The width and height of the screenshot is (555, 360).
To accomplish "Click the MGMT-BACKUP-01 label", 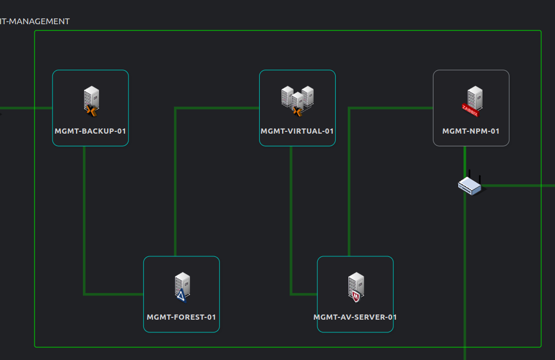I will (90, 131).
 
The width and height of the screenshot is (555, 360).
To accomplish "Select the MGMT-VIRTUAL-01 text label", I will (297, 131).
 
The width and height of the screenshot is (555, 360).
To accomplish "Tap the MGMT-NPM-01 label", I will (471, 131).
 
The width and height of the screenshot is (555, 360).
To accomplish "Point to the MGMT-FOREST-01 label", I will (181, 317).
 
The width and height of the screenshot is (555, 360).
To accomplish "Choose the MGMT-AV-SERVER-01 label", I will (355, 317).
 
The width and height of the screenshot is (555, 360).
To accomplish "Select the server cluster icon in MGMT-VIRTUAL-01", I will (297, 98).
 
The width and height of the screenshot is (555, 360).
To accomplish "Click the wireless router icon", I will (470, 184).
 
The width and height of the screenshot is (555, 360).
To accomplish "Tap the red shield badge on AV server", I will (356, 297).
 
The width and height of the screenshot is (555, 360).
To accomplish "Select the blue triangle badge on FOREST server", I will (181, 297).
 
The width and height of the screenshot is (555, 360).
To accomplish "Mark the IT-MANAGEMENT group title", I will (35, 21).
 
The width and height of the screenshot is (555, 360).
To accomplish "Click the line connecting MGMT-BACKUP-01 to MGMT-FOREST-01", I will (85, 230).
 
